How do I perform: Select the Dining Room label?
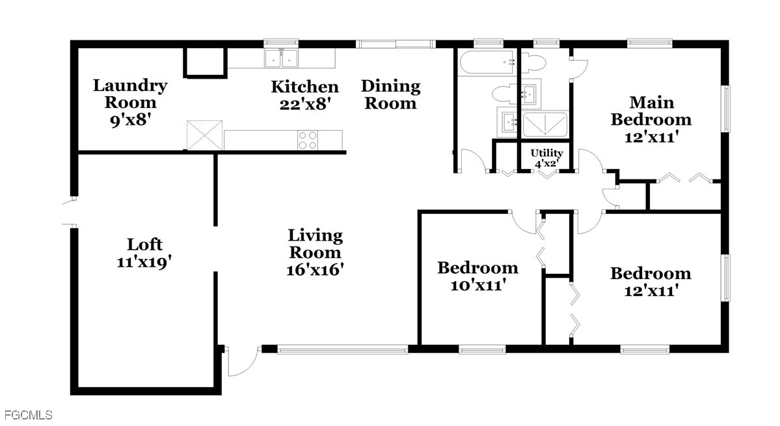[390, 94]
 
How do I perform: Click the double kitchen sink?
[281, 58]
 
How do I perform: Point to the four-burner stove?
[308, 140]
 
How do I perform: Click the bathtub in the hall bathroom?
[487, 62]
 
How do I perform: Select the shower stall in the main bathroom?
[545, 124]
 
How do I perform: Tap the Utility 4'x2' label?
[546, 158]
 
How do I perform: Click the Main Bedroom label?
[651, 119]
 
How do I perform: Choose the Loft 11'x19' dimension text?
[144, 262]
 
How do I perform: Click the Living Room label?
[316, 252]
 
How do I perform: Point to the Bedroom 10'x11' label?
[477, 276]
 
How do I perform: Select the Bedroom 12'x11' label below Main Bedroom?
[651, 282]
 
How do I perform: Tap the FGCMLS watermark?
[28, 415]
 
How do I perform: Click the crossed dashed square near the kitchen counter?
[204, 135]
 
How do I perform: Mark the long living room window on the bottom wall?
[343, 349]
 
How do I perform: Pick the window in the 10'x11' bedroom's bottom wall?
[482, 349]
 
